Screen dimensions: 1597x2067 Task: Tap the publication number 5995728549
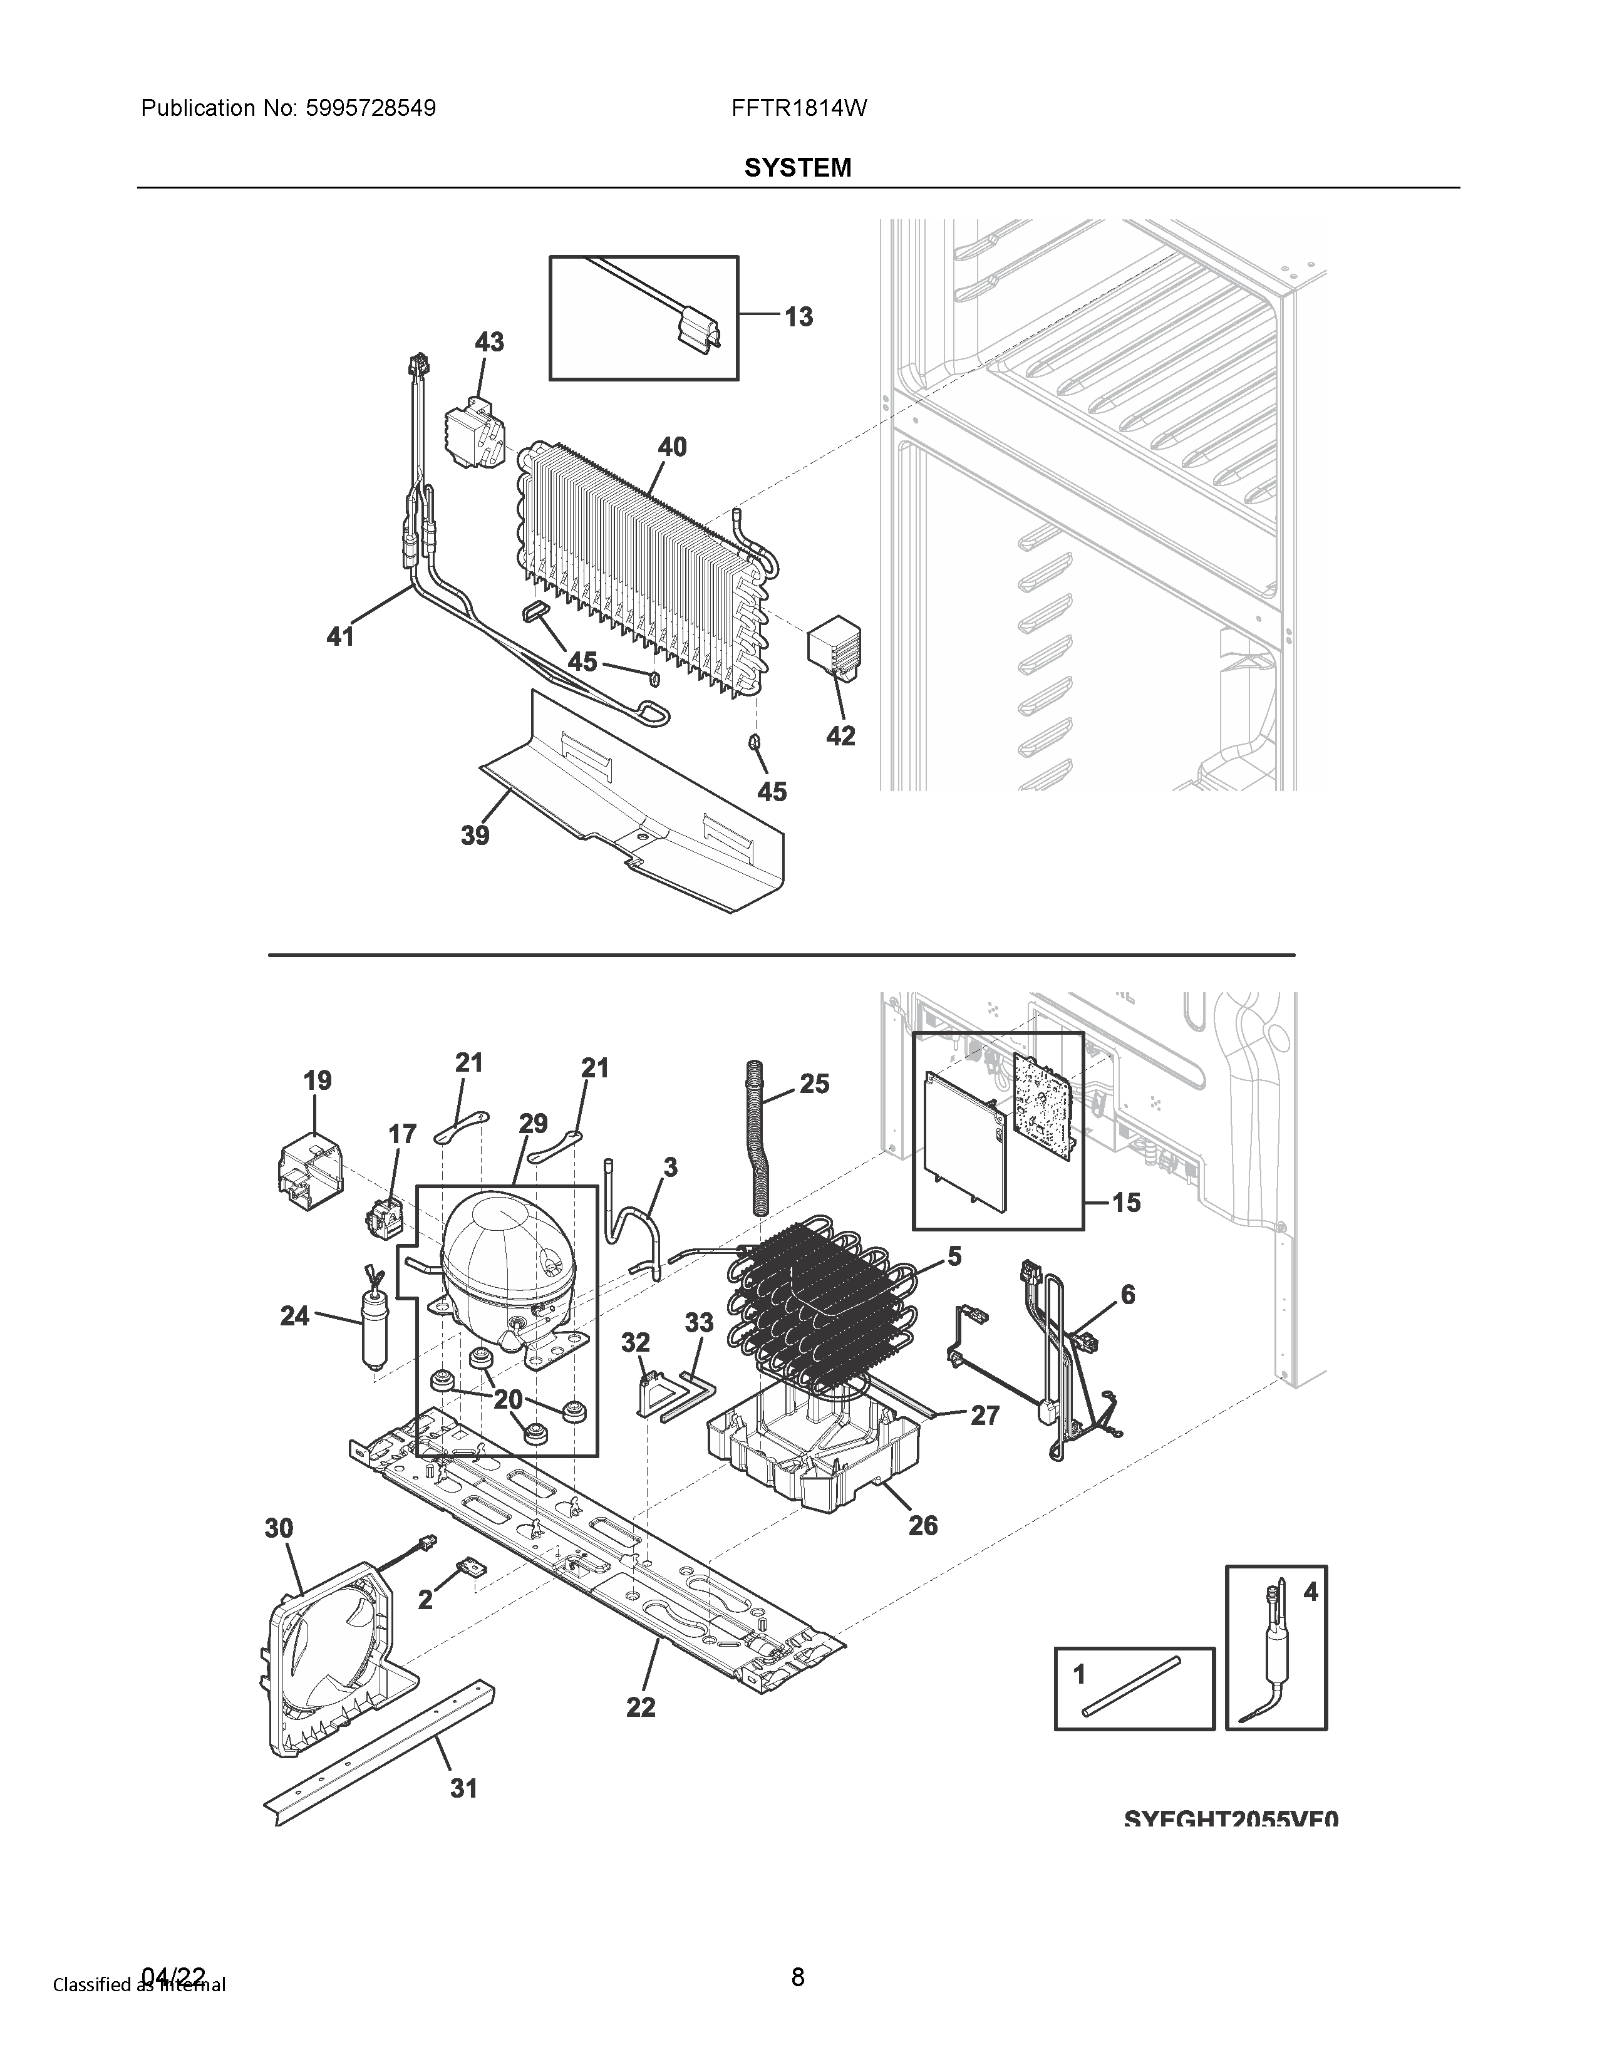[x=371, y=109]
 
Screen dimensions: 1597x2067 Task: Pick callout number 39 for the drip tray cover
[x=475, y=835]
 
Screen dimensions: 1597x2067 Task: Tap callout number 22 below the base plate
[x=641, y=1707]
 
